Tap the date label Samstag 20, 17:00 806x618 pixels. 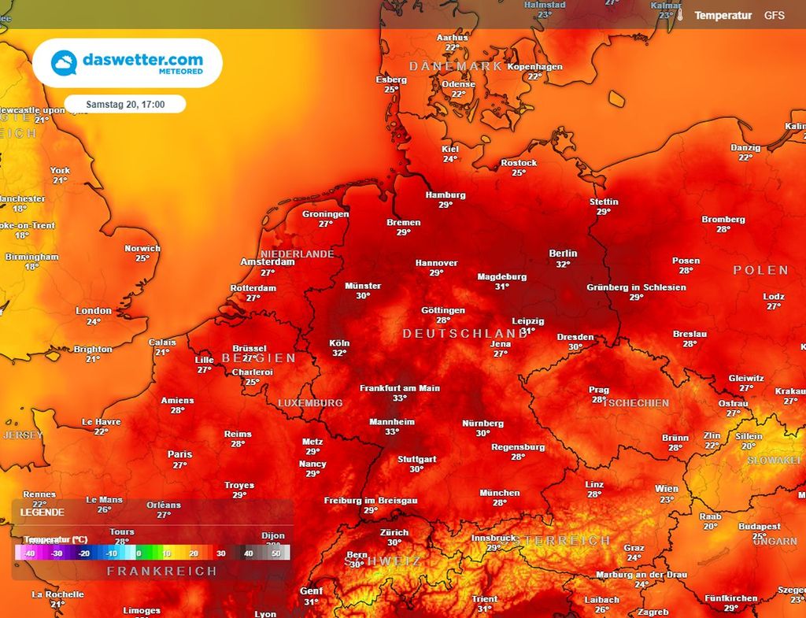[x=125, y=104]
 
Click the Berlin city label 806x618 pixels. [x=563, y=253]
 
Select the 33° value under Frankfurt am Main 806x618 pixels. [x=400, y=398]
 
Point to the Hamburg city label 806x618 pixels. [x=446, y=195]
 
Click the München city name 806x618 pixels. [x=500, y=493]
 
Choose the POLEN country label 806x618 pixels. [x=760, y=270]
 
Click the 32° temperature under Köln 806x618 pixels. [x=339, y=353]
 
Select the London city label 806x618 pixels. [x=94, y=311]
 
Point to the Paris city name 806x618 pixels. [x=179, y=454]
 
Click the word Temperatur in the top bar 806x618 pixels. [x=723, y=15]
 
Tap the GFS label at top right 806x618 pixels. [x=775, y=15]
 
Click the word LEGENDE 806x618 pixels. [x=43, y=512]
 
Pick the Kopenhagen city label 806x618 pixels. [x=535, y=67]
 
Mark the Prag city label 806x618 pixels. [x=599, y=390]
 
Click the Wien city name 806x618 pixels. [x=666, y=489]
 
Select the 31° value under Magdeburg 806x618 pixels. [x=502, y=287]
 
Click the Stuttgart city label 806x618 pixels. [x=416, y=458]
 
